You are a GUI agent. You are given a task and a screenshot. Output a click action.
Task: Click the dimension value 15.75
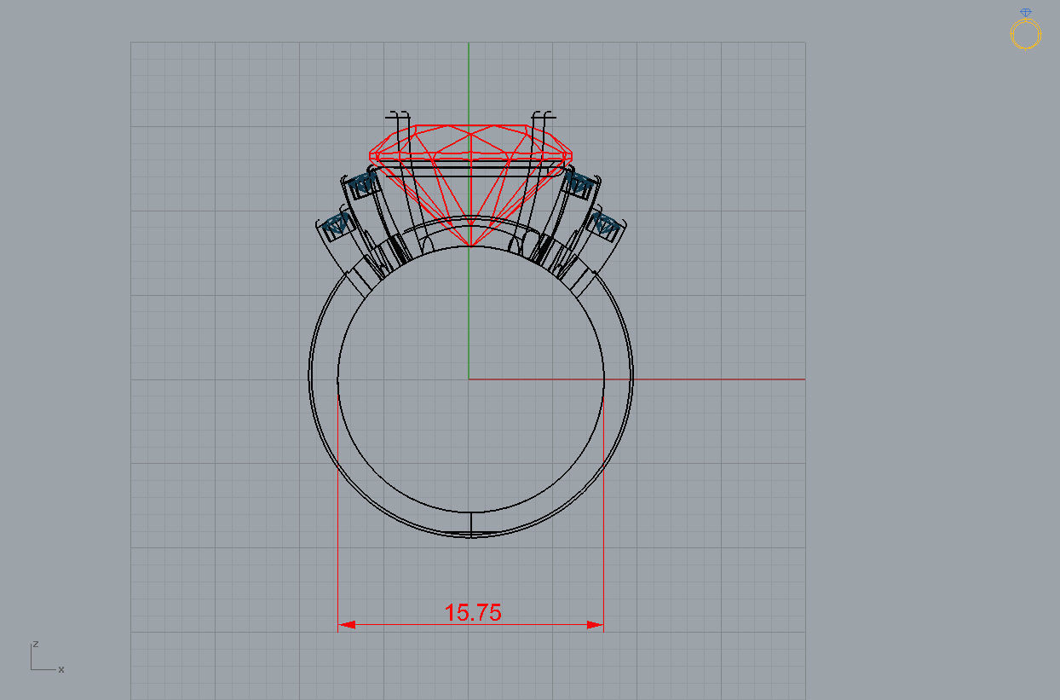tap(473, 612)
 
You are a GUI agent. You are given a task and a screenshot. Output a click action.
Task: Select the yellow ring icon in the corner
tap(1025, 32)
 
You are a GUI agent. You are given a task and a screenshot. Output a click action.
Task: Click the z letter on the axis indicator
tap(35, 644)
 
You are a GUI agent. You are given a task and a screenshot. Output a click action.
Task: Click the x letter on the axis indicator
tap(61, 669)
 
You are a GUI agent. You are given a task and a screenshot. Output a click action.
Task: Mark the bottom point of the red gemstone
tap(470, 247)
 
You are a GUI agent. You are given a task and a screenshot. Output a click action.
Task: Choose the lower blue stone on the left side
tap(337, 224)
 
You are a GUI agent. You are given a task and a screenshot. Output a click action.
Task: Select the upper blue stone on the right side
tap(580, 182)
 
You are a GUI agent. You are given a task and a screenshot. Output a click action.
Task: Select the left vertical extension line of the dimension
tap(338, 512)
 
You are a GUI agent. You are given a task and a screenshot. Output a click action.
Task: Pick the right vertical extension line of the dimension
tap(603, 512)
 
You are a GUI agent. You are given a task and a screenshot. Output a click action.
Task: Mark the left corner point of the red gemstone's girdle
tap(370, 156)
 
